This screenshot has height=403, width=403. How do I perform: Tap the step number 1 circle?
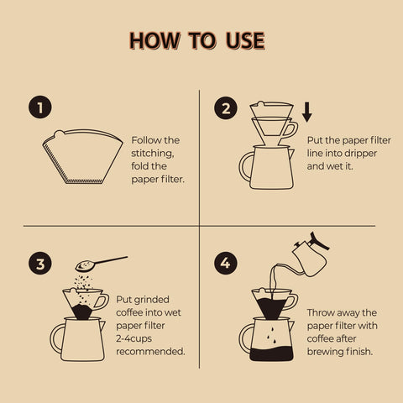click(x=39, y=107)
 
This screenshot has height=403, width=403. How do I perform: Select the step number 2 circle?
click(x=225, y=107)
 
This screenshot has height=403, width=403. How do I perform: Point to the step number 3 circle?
click(x=39, y=264)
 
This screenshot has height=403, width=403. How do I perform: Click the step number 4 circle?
click(x=225, y=264)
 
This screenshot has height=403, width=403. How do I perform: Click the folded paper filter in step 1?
click(x=82, y=155)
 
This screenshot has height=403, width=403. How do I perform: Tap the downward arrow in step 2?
click(x=307, y=112)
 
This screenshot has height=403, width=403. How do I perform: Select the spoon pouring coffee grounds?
click(x=101, y=264)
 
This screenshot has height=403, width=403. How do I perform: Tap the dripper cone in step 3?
click(x=82, y=304)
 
